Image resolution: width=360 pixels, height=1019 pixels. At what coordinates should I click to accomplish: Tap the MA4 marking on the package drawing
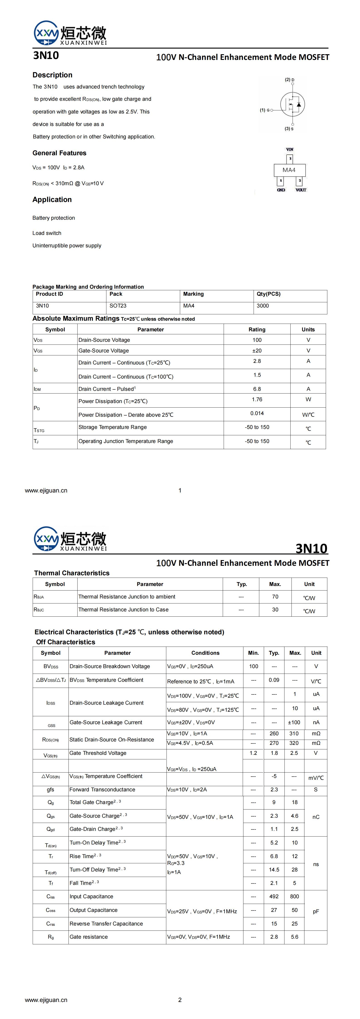(x=289, y=170)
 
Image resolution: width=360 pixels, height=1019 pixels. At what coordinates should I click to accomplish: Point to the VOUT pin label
(x=301, y=190)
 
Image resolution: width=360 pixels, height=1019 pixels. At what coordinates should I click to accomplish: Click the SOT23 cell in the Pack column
(x=118, y=306)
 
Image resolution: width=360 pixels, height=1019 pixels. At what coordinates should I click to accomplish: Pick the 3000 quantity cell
(x=263, y=306)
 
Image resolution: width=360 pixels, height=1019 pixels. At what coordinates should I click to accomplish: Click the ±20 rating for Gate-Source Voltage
(x=257, y=350)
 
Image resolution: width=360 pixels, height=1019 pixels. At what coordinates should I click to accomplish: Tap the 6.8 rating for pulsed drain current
(x=257, y=389)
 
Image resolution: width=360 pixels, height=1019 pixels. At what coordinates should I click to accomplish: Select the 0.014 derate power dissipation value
(x=257, y=413)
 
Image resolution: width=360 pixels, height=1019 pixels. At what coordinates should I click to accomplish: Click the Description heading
(x=52, y=75)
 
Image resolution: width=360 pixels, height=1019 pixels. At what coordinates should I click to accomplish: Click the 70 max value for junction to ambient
(x=275, y=596)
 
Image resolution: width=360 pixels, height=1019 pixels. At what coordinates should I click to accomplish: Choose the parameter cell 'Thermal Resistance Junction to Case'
(x=123, y=610)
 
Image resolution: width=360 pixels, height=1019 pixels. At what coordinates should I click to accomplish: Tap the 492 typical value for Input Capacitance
(x=274, y=896)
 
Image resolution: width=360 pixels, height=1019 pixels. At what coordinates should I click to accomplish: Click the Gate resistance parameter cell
(x=89, y=937)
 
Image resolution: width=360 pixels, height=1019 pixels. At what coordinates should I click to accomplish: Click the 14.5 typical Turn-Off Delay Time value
(x=274, y=869)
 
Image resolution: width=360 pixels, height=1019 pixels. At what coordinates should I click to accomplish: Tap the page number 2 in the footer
(x=180, y=1000)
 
